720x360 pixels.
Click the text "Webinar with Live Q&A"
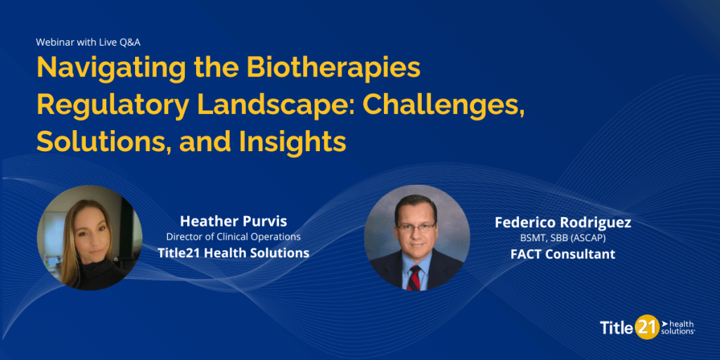[x=88, y=41]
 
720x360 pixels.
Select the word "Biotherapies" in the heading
[x=333, y=68]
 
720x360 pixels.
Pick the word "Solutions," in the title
[x=104, y=142]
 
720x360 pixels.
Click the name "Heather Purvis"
[x=233, y=221]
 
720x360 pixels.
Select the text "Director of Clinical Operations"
[x=233, y=237]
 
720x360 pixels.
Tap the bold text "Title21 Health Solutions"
[x=233, y=252]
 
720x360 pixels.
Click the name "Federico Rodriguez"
[x=562, y=223]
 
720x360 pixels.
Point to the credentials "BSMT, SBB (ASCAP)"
[x=562, y=239]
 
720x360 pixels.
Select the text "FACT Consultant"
[x=562, y=254]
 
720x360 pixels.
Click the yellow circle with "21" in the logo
[x=647, y=326]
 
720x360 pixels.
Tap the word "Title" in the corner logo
[x=617, y=328]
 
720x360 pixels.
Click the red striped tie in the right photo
[x=414, y=278]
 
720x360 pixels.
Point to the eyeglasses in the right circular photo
[x=416, y=226]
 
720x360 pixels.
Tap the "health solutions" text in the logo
[x=678, y=328]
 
